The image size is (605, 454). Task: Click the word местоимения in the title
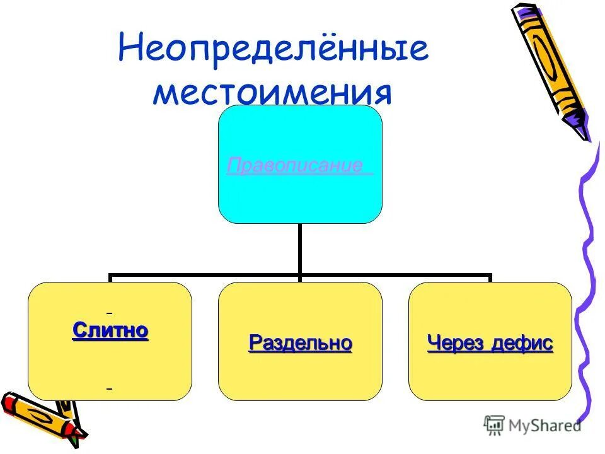click(273, 93)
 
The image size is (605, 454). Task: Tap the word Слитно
click(110, 330)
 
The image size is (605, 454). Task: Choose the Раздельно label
click(300, 344)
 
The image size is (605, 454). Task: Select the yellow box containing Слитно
click(110, 366)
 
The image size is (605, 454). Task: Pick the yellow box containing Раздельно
click(300, 375)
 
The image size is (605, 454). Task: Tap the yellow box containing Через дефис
click(490, 375)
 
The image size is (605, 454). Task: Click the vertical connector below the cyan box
click(300, 249)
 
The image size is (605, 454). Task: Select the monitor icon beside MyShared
click(494, 425)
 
